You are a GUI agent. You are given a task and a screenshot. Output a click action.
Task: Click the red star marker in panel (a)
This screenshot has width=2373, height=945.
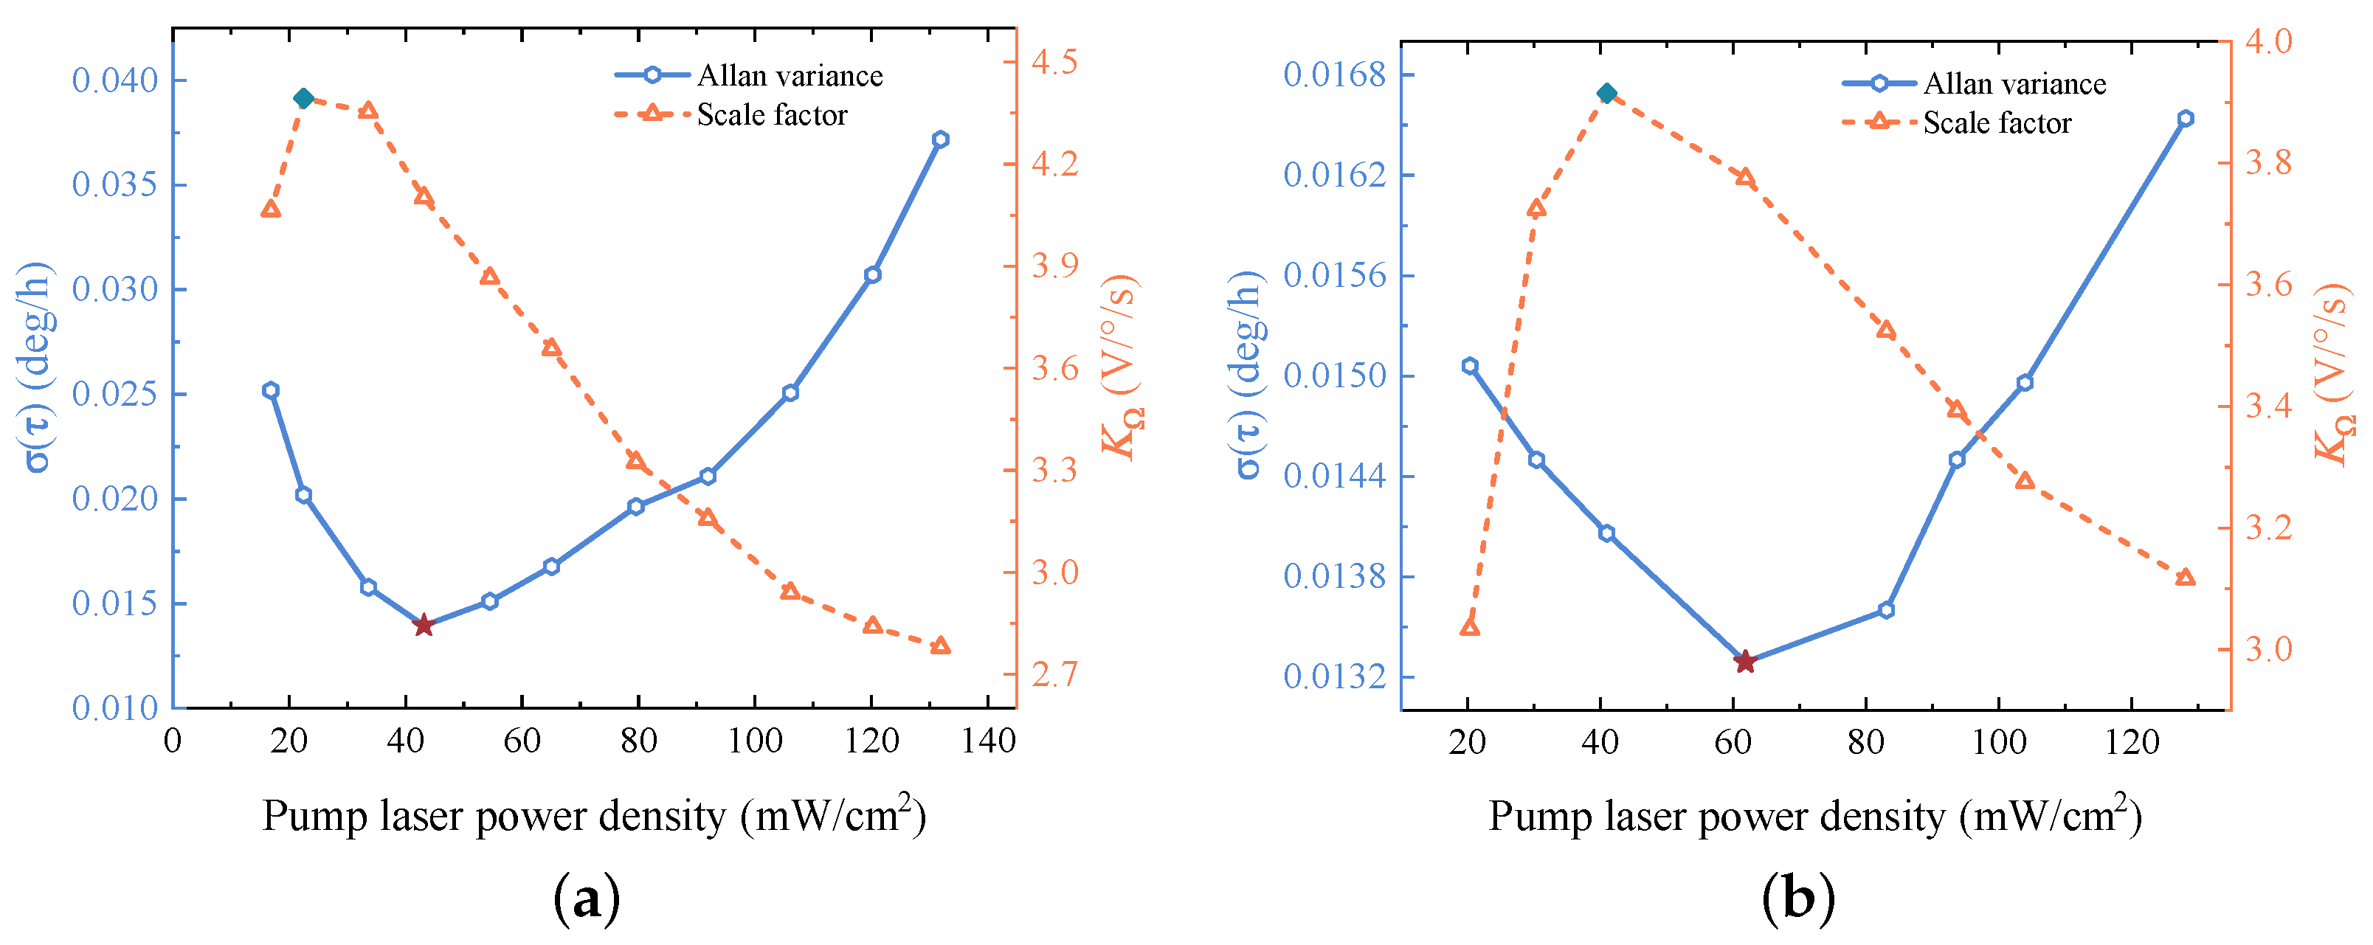pyautogui.click(x=423, y=626)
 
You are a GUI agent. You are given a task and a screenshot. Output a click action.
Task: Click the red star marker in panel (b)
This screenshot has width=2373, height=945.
pyautogui.click(x=1744, y=661)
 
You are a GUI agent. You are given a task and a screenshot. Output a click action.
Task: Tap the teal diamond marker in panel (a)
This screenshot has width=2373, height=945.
pyautogui.click(x=303, y=99)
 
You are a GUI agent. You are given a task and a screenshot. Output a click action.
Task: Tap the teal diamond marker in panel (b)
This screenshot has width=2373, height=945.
pyautogui.click(x=1606, y=93)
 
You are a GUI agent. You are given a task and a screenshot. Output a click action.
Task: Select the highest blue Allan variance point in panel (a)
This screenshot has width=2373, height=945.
pyautogui.click(x=939, y=139)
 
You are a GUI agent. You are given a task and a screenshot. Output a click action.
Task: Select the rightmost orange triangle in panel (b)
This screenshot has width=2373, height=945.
pyautogui.click(x=2185, y=578)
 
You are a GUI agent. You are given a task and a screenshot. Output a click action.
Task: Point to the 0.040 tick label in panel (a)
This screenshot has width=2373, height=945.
pyautogui.click(x=115, y=81)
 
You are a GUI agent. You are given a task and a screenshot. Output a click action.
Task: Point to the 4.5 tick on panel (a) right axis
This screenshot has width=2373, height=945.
pyautogui.click(x=1054, y=62)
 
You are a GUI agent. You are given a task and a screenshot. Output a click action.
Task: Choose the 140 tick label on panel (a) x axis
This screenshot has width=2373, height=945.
pyautogui.click(x=987, y=741)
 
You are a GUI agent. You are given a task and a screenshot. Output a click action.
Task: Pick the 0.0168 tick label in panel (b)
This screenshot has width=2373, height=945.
pyautogui.click(x=1334, y=75)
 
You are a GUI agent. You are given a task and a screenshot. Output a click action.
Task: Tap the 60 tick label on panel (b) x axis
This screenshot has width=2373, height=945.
pyautogui.click(x=1733, y=742)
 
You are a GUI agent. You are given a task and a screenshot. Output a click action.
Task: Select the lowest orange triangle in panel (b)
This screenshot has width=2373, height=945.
pyautogui.click(x=1471, y=627)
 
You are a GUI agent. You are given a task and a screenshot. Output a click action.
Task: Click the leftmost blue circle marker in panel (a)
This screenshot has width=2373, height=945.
pyautogui.click(x=270, y=390)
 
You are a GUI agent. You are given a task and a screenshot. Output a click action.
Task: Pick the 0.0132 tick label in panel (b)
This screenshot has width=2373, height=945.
pyautogui.click(x=1334, y=677)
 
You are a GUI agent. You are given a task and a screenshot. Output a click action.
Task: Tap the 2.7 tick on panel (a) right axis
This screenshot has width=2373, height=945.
pyautogui.click(x=1054, y=674)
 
